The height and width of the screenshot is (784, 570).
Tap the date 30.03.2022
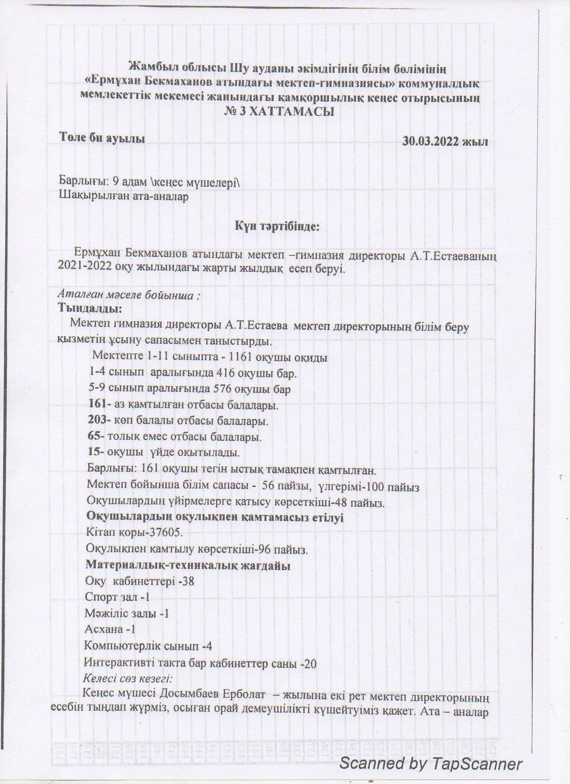pyautogui.click(x=432, y=142)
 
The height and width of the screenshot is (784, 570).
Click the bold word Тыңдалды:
pyautogui.click(x=90, y=308)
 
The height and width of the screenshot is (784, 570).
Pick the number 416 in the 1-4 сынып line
pyautogui.click(x=226, y=373)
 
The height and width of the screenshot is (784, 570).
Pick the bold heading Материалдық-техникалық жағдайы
pyautogui.click(x=188, y=565)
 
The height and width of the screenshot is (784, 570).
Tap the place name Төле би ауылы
pyautogui.click(x=102, y=138)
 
